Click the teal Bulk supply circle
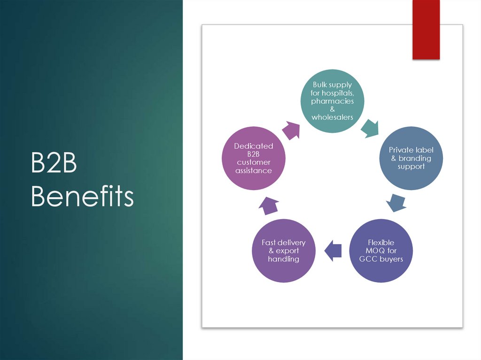click(x=332, y=100)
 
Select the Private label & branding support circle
click(x=411, y=158)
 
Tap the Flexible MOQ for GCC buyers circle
click(x=381, y=251)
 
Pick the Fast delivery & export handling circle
click(x=284, y=251)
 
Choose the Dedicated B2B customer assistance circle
click(x=254, y=158)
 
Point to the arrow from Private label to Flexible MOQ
click(x=396, y=202)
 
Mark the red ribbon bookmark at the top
click(x=426, y=30)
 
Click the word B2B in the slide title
click(x=54, y=166)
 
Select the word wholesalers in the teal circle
click(x=332, y=117)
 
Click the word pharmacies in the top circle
click(x=332, y=101)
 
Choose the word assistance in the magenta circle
click(x=254, y=171)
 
